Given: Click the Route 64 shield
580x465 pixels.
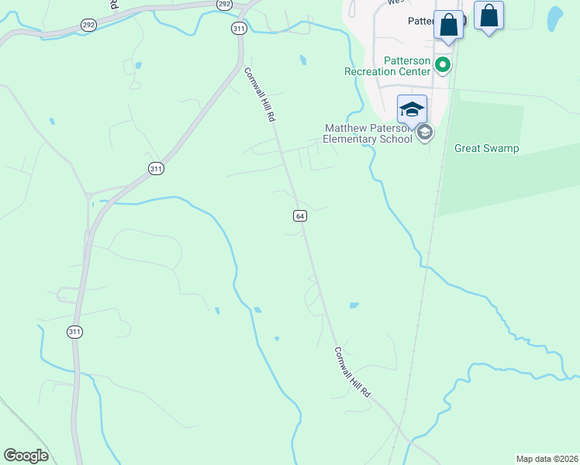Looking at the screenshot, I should point(300,215).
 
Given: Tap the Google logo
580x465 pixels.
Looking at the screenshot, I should point(26,456).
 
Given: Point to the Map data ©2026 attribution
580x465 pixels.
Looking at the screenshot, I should point(547,459).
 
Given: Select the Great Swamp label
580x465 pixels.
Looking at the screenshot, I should point(486,148).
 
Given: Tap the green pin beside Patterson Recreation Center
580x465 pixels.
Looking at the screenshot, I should point(443,65).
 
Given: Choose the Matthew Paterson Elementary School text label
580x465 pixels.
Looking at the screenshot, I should point(368,134).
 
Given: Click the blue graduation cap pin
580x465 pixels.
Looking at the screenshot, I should point(413,109).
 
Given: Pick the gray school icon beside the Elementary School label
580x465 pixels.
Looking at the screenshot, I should point(424,133).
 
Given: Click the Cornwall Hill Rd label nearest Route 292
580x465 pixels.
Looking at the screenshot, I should point(260,95).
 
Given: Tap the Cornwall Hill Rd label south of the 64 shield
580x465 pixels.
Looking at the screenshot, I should point(353,373).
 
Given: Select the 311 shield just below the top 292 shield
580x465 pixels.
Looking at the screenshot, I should point(239,28).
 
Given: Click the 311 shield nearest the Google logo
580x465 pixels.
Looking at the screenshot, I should point(74,332).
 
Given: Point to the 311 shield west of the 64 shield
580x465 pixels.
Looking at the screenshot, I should point(156,167).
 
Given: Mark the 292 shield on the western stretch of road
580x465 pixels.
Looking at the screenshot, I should point(88,25).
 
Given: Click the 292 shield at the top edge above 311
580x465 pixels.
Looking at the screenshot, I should point(224,4).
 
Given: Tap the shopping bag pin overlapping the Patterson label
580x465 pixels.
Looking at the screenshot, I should point(449,25).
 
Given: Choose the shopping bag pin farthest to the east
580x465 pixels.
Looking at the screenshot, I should point(489,15).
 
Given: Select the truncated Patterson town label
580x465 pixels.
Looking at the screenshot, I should point(424,22).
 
